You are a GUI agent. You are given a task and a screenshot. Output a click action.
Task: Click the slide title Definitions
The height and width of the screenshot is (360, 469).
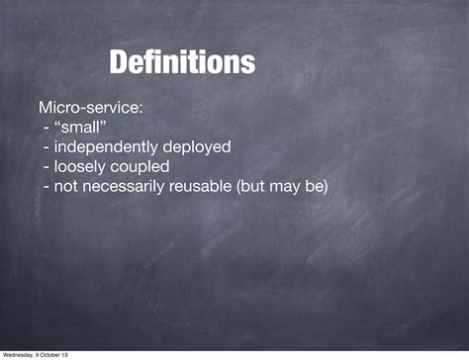[x=182, y=63]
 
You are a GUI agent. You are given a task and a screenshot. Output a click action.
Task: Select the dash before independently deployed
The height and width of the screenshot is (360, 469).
[x=47, y=146]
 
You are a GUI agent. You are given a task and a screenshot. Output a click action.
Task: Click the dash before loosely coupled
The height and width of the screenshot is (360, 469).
[x=47, y=166]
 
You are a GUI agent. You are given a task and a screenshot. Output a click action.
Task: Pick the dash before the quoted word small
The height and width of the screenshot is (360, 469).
[x=47, y=127]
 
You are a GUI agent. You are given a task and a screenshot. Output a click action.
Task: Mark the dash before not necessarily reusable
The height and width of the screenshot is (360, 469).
[x=47, y=186]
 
